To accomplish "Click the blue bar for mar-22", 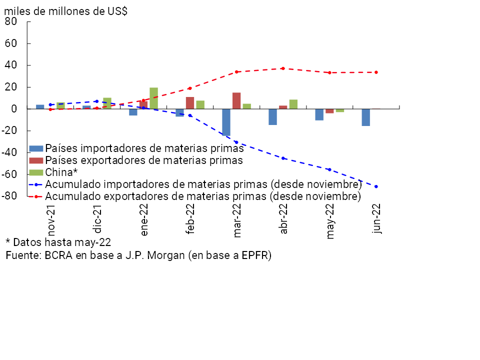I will [x=226, y=122].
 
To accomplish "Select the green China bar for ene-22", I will [x=153, y=98].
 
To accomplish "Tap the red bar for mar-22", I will [x=236, y=100].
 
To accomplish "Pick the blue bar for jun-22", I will [x=366, y=117].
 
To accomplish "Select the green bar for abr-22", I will [x=293, y=104].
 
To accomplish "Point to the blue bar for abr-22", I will [x=272, y=117].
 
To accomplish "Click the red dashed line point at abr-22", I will [x=283, y=68].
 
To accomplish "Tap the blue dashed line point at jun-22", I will [x=376, y=186].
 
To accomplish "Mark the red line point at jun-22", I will [x=376, y=72].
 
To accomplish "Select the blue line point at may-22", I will [x=329, y=169].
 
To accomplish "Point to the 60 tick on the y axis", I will [x=11, y=43].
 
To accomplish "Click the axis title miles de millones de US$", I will [x=65, y=11].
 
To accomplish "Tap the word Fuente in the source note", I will [x=22, y=255].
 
